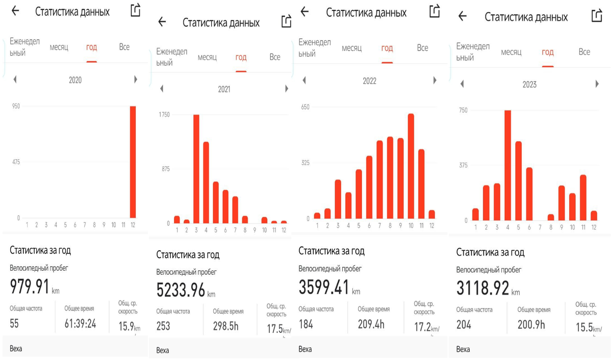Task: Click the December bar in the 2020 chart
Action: (133, 162)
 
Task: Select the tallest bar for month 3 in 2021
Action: (196, 169)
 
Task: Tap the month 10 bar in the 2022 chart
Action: (411, 166)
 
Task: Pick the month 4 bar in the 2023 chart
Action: (508, 165)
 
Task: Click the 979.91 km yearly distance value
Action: (30, 287)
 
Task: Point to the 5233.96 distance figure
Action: (181, 290)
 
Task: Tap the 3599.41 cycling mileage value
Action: (324, 287)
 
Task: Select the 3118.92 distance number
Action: (482, 288)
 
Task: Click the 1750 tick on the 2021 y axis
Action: (164, 115)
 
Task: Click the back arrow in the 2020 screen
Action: (15, 11)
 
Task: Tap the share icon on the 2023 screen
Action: (597, 16)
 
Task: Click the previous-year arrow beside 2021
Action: (162, 89)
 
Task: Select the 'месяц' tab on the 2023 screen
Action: (511, 52)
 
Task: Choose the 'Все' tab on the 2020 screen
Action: (124, 47)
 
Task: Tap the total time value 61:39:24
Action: (80, 324)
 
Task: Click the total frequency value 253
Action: (163, 326)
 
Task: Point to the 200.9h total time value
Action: (531, 325)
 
